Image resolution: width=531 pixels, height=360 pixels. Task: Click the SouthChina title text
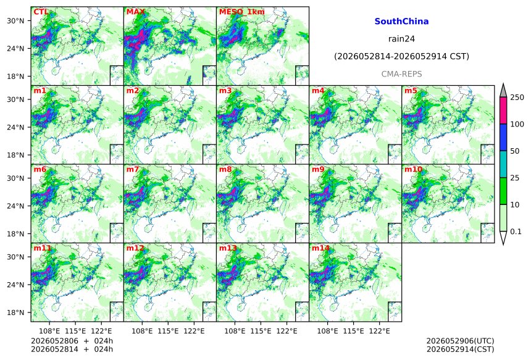coord(401,22)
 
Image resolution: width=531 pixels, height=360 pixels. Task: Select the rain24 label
coord(401,39)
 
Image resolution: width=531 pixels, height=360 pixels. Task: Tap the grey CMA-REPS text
coord(401,74)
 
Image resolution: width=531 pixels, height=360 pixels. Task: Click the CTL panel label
coord(41,12)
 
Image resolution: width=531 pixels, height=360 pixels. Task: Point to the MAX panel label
coord(135,12)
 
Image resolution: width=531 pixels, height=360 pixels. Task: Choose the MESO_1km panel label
coord(242,12)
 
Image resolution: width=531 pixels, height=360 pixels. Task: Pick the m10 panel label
coord(413,169)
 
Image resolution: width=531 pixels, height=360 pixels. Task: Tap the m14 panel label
coord(320,248)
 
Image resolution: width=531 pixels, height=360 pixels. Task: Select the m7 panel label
coord(132,169)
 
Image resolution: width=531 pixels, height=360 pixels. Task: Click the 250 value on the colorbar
coord(517,98)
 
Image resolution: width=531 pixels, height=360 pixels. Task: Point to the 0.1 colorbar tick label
coord(516,232)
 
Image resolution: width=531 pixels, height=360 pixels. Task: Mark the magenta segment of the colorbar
coord(503,111)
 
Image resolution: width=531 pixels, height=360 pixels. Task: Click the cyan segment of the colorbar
coord(503,164)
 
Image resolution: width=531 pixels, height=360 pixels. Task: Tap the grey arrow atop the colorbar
coord(503,90)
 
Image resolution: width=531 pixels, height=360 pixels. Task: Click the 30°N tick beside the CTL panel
coord(15,21)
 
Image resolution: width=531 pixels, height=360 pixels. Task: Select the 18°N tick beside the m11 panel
coord(15,312)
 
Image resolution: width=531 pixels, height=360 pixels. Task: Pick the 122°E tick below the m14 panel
coord(379,330)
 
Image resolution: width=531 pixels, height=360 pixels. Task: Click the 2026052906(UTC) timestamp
coord(460,341)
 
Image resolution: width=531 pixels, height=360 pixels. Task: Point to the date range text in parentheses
coord(401,56)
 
